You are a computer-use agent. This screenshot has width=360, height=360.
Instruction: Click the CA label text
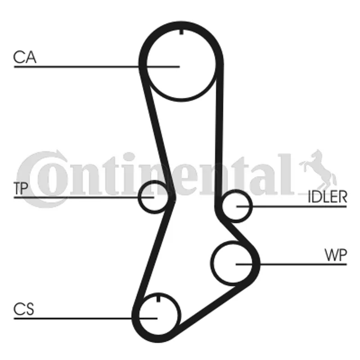coord(25,57)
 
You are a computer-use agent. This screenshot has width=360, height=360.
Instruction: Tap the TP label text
coord(21,188)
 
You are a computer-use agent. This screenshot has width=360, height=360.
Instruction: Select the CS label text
coord(24,309)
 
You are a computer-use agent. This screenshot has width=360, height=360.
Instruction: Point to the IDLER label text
coord(327,197)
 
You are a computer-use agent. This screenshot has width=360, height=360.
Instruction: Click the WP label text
coord(335,255)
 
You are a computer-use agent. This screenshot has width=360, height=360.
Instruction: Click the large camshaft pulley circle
coord(181,65)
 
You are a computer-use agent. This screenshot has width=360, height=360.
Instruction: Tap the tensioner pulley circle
coord(154,197)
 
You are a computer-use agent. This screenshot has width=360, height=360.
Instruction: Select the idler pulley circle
coord(236,206)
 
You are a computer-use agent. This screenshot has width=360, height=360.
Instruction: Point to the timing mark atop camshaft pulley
coord(181,31)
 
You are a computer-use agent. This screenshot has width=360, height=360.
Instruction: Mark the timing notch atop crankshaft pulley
coord(158,299)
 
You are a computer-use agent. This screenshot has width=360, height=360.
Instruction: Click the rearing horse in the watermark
coord(318,170)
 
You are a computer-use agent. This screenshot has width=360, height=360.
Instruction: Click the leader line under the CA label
coord(97,67)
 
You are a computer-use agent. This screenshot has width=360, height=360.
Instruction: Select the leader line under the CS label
coord(85,319)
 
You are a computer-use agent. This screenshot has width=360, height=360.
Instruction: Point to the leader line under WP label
coord(291,265)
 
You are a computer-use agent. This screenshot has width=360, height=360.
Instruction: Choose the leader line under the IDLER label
coord(292,207)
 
